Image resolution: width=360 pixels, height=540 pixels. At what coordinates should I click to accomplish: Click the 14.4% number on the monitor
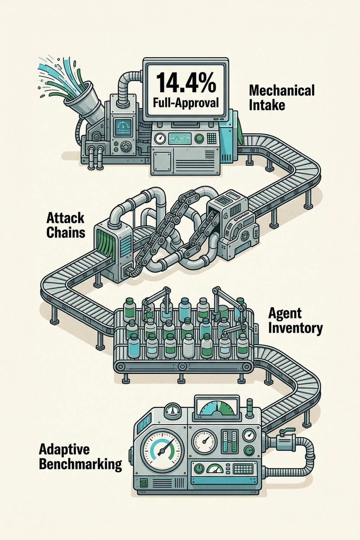[186, 83]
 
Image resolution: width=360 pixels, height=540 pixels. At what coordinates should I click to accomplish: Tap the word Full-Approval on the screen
[186, 103]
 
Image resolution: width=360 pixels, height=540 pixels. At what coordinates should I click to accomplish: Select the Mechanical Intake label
[282, 97]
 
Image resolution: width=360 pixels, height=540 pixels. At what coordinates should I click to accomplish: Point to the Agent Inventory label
[295, 320]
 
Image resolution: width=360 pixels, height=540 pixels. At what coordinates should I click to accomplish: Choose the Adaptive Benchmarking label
[80, 457]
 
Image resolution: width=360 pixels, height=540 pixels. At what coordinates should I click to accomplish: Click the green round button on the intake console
[199, 138]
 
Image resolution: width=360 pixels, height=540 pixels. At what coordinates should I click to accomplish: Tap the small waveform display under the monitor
[180, 138]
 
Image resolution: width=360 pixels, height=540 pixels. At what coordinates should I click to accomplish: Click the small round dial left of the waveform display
[160, 138]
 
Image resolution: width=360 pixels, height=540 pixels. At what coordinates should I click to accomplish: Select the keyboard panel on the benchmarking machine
[243, 469]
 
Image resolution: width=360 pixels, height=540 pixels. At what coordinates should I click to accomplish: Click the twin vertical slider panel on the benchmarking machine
[230, 441]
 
